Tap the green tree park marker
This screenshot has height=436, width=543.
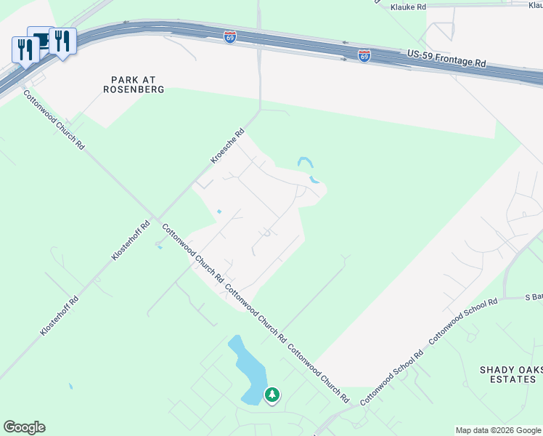[272, 395]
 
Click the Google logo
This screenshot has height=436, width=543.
[24, 427]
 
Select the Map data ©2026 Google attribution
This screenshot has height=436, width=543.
[498, 430]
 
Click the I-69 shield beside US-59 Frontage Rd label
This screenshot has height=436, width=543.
[364, 55]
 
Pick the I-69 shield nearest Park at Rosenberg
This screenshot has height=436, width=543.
[229, 37]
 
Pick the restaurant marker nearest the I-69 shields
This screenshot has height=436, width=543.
[62, 42]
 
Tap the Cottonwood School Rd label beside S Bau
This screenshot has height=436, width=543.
[463, 320]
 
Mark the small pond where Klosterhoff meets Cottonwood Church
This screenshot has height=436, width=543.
[159, 246]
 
